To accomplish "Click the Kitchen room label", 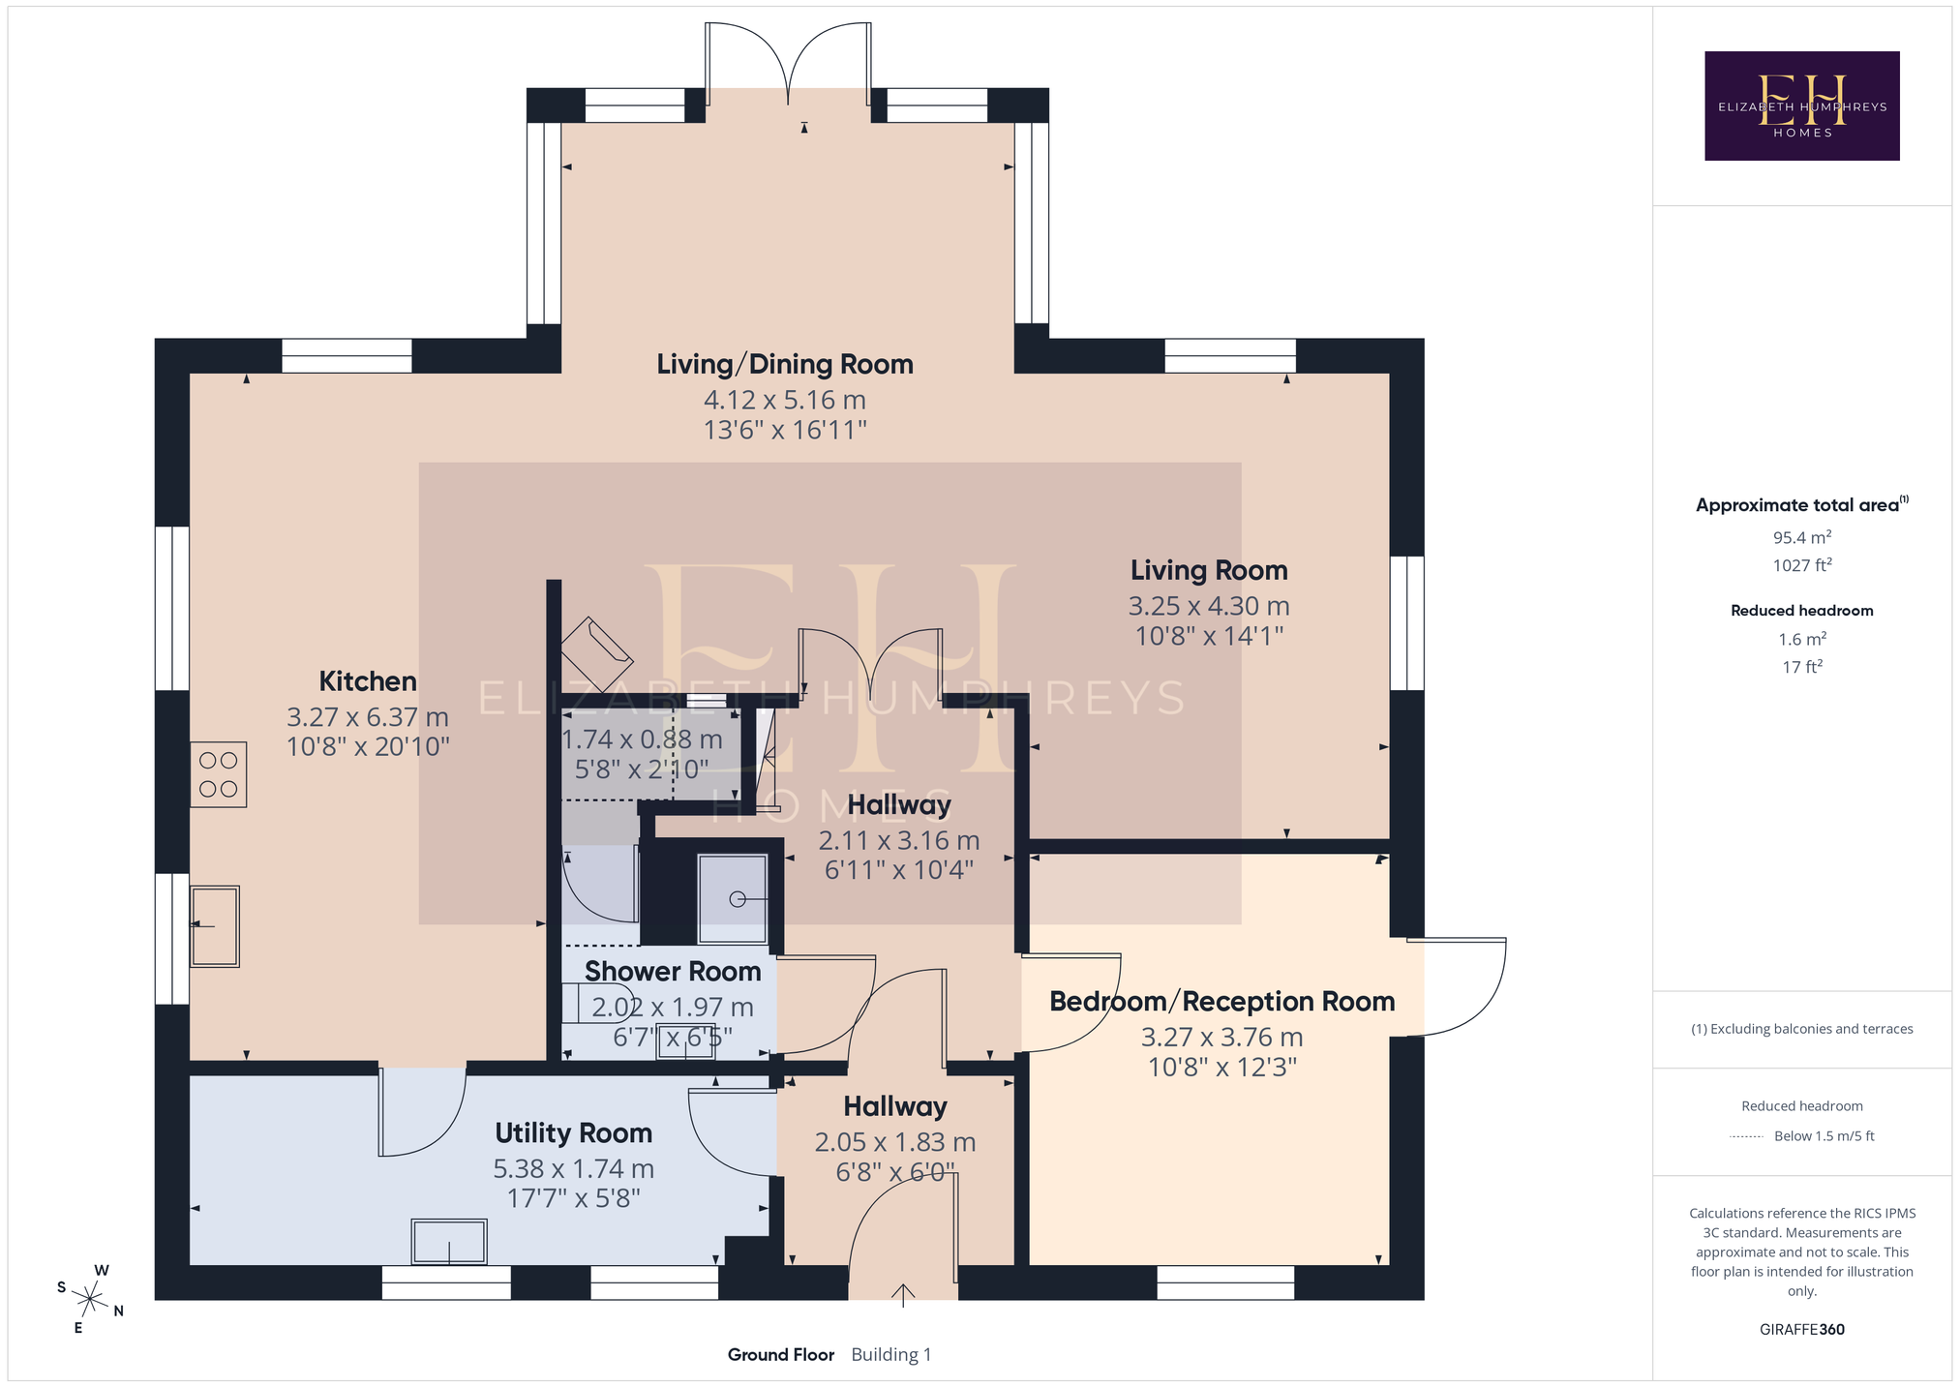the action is [x=368, y=681].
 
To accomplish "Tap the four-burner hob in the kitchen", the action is [x=219, y=774].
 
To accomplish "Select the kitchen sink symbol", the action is [x=215, y=926].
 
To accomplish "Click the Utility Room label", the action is [x=574, y=1133].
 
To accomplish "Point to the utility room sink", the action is [x=449, y=1242].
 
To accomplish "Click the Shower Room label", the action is [x=673, y=972].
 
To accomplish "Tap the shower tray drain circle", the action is [x=738, y=899].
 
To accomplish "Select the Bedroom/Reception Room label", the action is [x=1222, y=1002].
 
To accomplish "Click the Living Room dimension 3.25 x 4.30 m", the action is [x=1209, y=607].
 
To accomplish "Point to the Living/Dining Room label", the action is [x=785, y=365].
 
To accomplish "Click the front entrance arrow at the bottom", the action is [x=903, y=1296].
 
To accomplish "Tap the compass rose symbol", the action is [x=90, y=1298].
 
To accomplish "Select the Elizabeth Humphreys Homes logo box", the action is [x=1802, y=106].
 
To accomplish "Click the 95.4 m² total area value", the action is [x=1802, y=537].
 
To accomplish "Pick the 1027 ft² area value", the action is [x=1802, y=565].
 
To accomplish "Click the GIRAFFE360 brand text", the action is [x=1802, y=1330].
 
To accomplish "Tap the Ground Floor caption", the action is [x=781, y=1355].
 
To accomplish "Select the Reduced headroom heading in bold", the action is [x=1802, y=611].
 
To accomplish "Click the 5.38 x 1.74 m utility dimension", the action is [x=574, y=1169].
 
